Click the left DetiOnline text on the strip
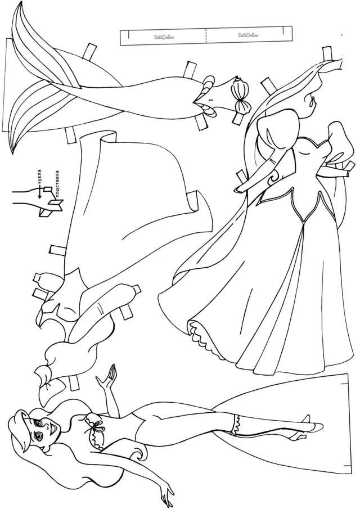click(x=164, y=37)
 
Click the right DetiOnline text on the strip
click(x=248, y=35)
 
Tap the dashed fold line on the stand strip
click(x=206, y=35)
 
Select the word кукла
click(x=40, y=177)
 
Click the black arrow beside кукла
click(x=40, y=192)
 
